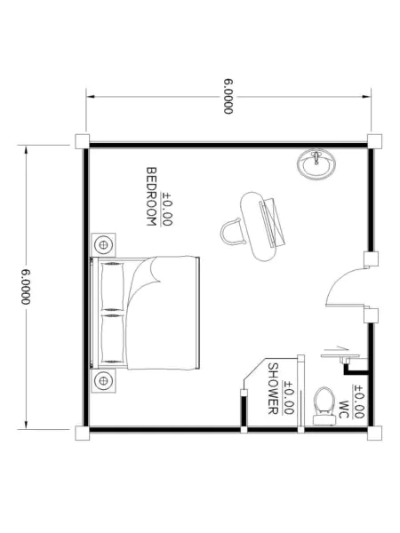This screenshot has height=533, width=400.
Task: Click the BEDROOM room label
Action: [151, 196]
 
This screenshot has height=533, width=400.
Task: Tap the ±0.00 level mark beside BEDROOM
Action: [167, 209]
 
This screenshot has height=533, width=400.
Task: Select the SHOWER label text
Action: [273, 389]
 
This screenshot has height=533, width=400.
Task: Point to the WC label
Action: [344, 410]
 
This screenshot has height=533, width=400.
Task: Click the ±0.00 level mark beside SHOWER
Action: [288, 397]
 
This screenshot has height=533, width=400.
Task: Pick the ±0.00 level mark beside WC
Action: [359, 402]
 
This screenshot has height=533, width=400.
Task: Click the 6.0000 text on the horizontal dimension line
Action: [228, 97]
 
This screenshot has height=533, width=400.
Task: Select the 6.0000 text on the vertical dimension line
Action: [26, 287]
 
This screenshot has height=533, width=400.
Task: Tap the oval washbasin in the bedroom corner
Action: [316, 164]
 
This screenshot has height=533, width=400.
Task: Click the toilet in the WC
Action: [324, 406]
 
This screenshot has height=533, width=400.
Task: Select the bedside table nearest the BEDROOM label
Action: [104, 244]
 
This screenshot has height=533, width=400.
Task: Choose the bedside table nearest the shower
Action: [104, 381]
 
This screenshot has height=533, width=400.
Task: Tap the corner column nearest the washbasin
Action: [374, 141]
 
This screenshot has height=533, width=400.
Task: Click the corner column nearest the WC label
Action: [374, 434]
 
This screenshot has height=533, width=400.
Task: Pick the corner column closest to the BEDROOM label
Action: [82, 141]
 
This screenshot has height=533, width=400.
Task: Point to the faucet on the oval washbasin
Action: [317, 157]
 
